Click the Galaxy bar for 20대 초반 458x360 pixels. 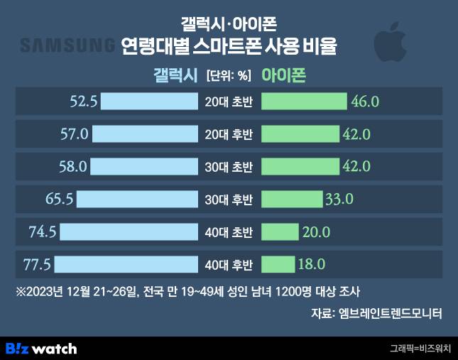tap(149, 101)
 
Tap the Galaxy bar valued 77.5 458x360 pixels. tap(126, 265)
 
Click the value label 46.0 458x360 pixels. tap(365, 101)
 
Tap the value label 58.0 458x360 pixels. tap(72, 166)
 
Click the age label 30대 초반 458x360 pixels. tap(229, 167)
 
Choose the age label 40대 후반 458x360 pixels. tap(229, 266)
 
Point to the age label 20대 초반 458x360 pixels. tap(229, 102)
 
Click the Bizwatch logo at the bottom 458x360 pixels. tap(40, 349)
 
